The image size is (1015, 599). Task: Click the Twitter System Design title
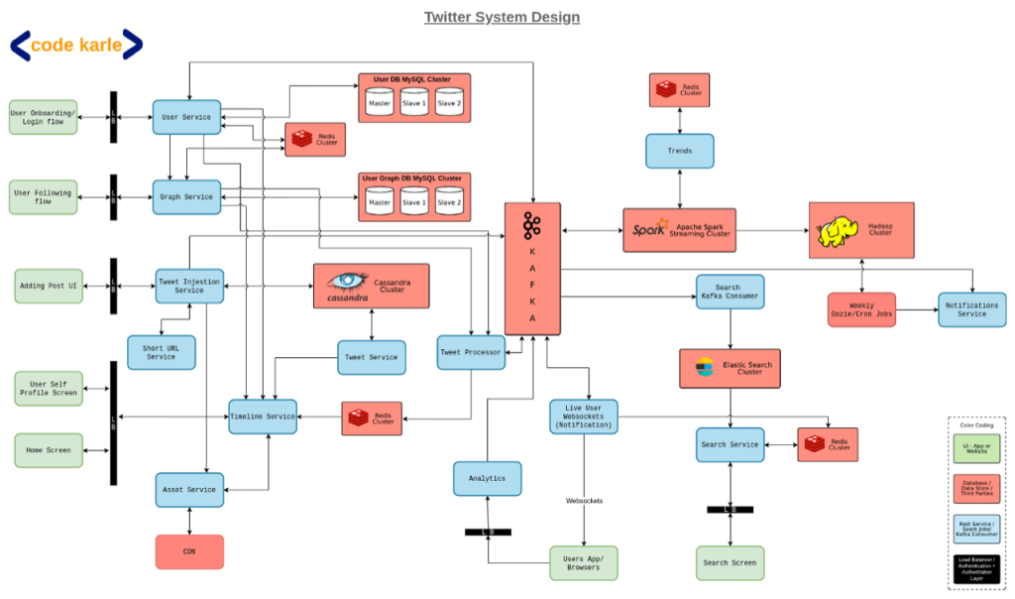(x=502, y=17)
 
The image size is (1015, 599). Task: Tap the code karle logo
(x=76, y=45)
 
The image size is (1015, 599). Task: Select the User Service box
(x=185, y=117)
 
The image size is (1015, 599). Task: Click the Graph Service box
(x=185, y=196)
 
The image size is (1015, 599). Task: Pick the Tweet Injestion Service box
(x=189, y=286)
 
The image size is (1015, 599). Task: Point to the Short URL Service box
(x=162, y=352)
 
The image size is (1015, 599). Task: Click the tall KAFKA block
(x=532, y=268)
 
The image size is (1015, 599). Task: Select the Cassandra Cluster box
(x=371, y=285)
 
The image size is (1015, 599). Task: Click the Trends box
(x=679, y=151)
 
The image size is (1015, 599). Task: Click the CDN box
(x=189, y=551)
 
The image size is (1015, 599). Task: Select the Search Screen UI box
(x=730, y=562)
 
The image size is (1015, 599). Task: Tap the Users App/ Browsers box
(x=584, y=563)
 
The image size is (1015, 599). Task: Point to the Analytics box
(x=487, y=478)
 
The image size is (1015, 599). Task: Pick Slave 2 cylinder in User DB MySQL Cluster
(x=449, y=102)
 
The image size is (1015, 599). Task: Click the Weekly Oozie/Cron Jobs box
(x=861, y=309)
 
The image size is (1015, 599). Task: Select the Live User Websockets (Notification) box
(x=584, y=417)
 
